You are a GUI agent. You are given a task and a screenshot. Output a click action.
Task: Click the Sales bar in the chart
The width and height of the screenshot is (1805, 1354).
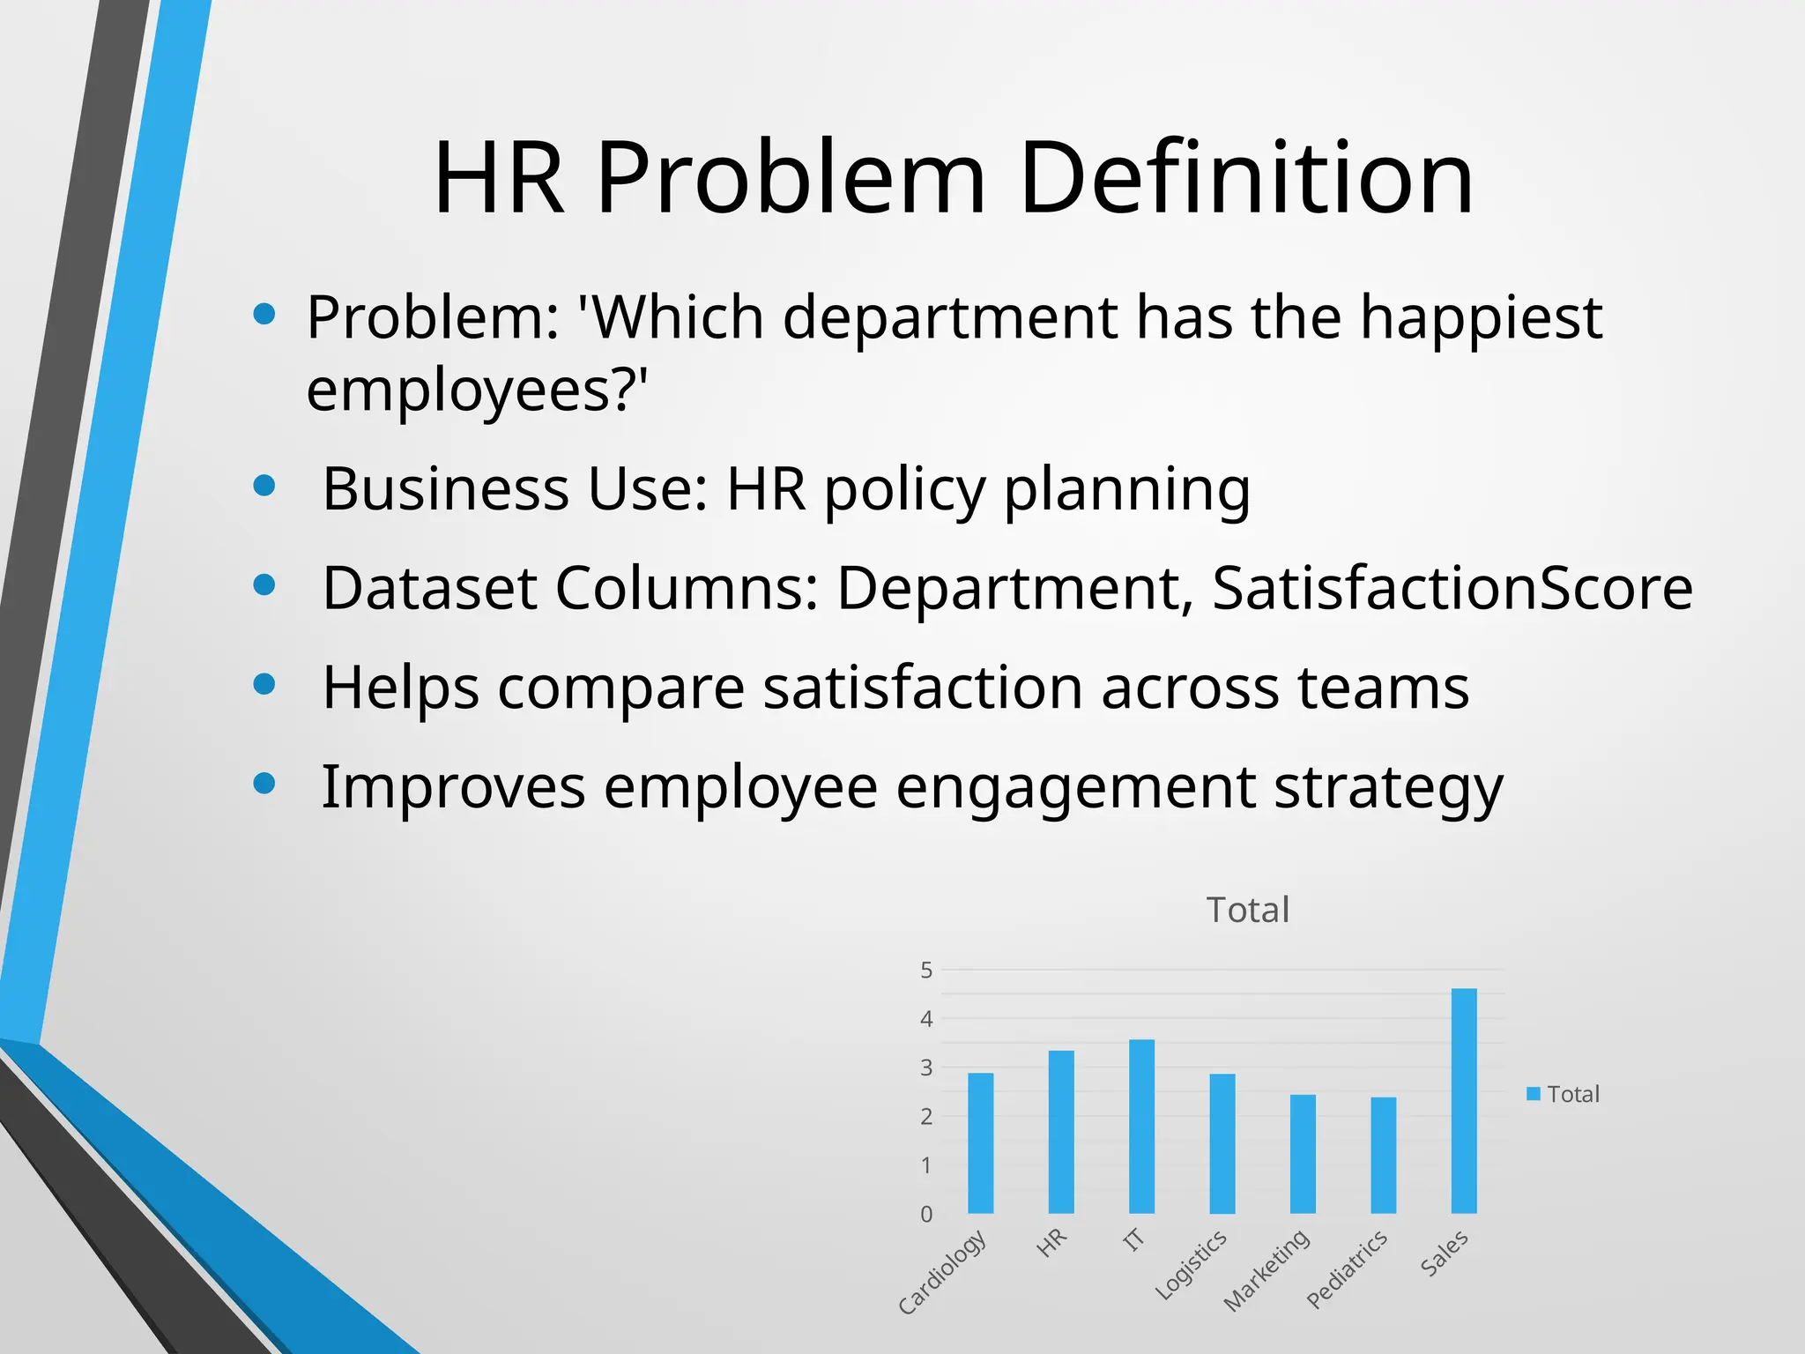pos(1463,1101)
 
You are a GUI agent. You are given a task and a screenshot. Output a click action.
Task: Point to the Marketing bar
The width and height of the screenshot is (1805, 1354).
pos(1303,1154)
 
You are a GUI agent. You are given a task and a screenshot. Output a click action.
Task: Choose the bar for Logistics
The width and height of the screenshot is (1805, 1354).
pos(1222,1143)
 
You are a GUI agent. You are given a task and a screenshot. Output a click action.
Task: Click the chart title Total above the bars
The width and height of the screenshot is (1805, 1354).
pos(1247,910)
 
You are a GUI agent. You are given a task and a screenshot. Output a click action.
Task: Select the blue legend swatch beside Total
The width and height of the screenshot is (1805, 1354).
pos(1534,1094)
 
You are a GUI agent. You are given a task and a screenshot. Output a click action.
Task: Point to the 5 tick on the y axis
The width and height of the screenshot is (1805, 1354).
pos(926,971)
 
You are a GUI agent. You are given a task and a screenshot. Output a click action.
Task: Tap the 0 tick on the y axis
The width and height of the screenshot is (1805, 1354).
pos(926,1214)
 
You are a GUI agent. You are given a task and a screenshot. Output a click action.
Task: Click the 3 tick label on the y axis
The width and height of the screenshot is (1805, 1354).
pos(926,1068)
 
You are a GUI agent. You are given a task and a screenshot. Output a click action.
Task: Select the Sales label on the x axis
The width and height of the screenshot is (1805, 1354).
pos(1445,1253)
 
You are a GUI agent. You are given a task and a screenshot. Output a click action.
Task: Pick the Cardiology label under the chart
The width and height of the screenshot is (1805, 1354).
pos(942,1272)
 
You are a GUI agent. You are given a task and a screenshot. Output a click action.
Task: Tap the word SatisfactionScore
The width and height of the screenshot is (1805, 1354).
pos(1452,588)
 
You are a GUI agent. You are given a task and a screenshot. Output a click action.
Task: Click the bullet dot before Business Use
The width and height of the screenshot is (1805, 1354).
pos(264,486)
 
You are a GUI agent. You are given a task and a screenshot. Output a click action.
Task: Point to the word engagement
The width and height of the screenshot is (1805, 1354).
pos(1075,786)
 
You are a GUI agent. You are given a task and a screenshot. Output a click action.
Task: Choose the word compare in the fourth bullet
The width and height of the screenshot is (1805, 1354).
pos(621,688)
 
